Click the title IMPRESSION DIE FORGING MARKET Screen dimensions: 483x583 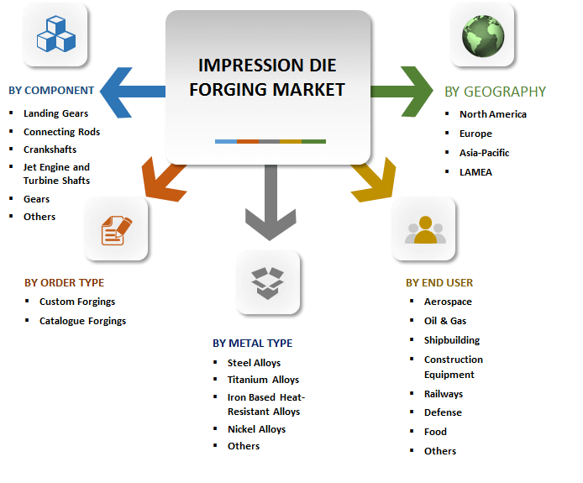tap(267, 77)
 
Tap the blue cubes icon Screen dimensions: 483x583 tap(55, 34)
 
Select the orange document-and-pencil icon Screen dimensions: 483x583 tap(117, 229)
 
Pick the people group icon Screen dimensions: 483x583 tap(424, 229)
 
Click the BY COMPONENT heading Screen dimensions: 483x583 tap(51, 91)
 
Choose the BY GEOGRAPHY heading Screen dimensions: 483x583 tap(495, 92)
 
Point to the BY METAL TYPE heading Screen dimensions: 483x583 tap(253, 343)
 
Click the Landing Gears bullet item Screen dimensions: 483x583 tap(55, 113)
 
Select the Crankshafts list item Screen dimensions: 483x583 tap(50, 149)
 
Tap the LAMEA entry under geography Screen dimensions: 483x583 tap(475, 172)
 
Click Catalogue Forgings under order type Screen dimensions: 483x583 tap(82, 320)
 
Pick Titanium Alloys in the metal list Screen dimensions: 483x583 tap(263, 380)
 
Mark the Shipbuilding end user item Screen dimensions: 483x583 tap(452, 340)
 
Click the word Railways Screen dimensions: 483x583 tap(444, 394)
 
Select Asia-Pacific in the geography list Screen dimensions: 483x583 tap(485, 153)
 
